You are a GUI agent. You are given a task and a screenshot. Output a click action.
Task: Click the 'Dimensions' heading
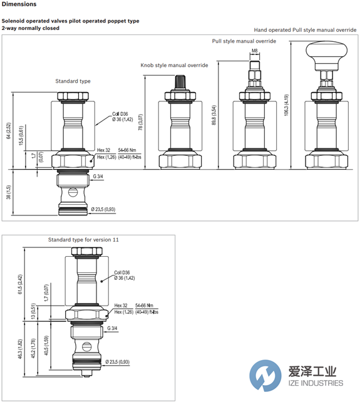(19, 4)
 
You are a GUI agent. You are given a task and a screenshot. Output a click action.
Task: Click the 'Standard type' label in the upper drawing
(73, 81)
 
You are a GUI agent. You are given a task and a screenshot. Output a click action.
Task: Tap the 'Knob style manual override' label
(174, 65)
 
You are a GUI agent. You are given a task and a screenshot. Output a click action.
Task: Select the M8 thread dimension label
(254, 51)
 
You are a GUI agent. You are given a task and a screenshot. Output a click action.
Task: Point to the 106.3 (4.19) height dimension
(286, 105)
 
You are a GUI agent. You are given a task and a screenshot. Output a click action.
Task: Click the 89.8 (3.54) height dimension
(214, 115)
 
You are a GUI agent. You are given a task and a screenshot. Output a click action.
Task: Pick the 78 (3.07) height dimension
(140, 122)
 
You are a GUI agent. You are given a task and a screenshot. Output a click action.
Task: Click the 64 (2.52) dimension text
(9, 131)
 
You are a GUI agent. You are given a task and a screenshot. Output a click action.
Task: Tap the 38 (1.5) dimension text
(9, 192)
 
